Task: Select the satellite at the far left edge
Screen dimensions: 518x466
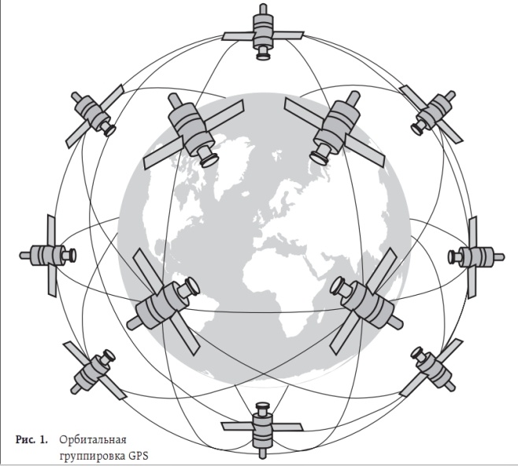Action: click(x=48, y=255)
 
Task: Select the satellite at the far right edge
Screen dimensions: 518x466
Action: click(x=475, y=256)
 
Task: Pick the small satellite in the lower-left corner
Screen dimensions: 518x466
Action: click(x=95, y=371)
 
